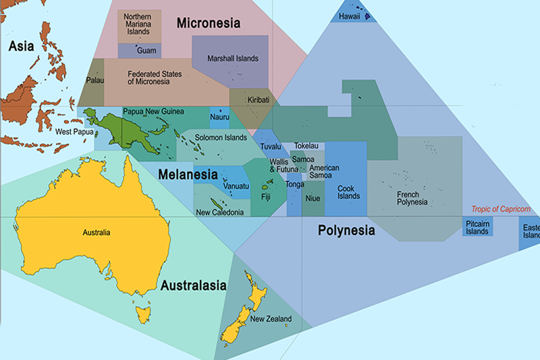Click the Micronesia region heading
[209, 24]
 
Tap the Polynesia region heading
[346, 230]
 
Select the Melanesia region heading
[188, 174]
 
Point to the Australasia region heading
[193, 285]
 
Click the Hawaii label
[348, 14]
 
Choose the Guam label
[146, 51]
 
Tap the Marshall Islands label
[233, 59]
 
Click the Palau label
[95, 80]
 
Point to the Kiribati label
[258, 100]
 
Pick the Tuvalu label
[270, 147]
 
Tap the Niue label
[313, 199]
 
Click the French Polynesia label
[412, 198]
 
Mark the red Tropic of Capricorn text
[501, 209]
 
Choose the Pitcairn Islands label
[477, 228]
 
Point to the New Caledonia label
[219, 213]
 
